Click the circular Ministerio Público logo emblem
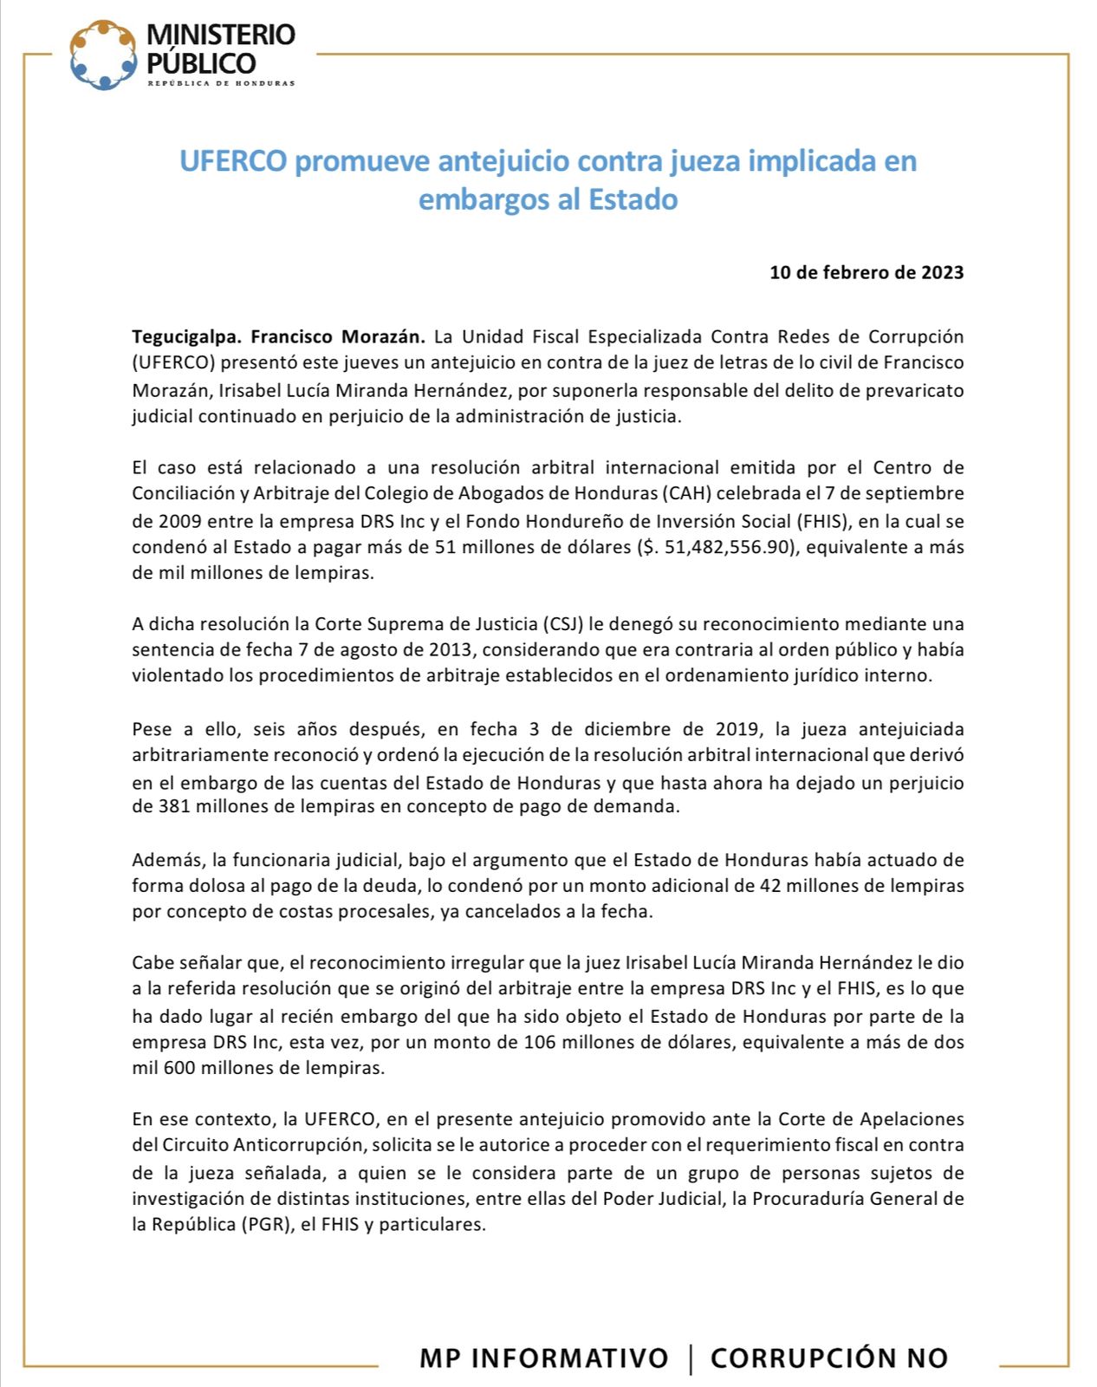point(103,55)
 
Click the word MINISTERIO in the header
point(221,35)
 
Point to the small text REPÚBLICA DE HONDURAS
point(221,83)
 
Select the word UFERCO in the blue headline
point(232,161)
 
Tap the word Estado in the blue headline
point(633,199)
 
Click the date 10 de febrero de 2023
point(867,272)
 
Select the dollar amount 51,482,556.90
point(727,547)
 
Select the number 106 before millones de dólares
point(541,1042)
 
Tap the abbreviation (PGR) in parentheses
point(265,1225)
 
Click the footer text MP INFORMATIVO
point(543,1358)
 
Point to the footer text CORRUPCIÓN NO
point(829,1358)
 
